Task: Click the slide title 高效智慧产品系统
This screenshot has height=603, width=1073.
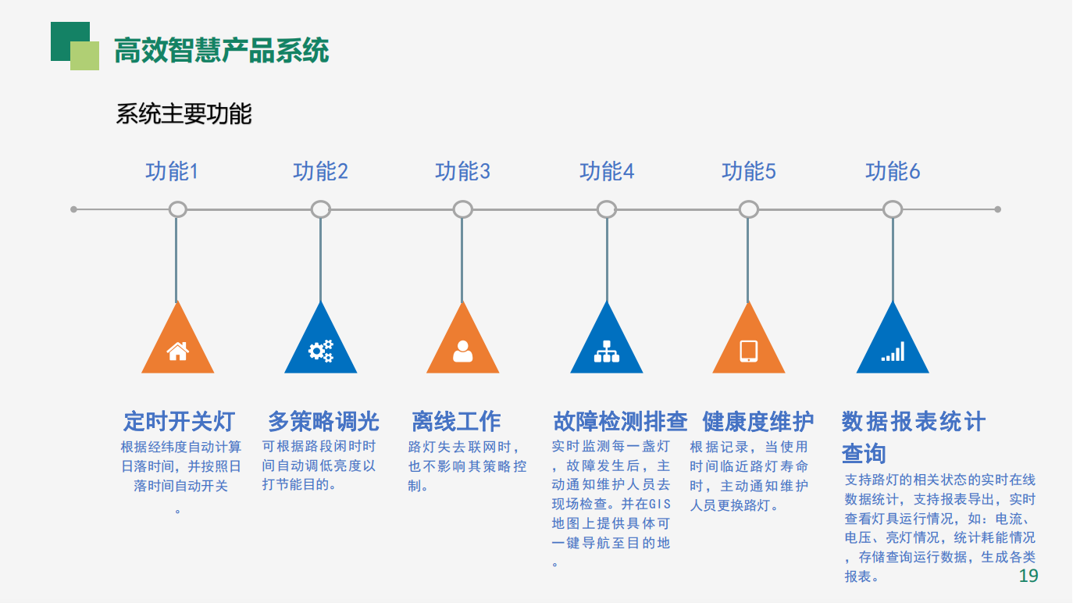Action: coord(221,51)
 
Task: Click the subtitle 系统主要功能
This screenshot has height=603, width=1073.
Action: coord(184,114)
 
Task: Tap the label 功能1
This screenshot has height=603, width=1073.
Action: coord(172,171)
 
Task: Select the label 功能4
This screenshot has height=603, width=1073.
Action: coord(607,171)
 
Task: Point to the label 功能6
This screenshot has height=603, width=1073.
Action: coord(893,171)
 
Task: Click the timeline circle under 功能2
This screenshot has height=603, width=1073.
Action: coord(320,209)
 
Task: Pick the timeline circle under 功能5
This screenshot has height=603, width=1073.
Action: coord(748,209)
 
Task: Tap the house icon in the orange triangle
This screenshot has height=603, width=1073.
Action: coord(178,351)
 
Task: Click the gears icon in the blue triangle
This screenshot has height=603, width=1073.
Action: coord(320,351)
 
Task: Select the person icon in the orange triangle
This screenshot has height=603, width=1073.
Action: coord(463,351)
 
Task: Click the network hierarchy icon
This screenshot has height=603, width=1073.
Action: coord(607,352)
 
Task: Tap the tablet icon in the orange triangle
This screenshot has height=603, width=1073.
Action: coord(748,351)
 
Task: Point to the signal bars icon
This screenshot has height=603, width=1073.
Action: coord(893,352)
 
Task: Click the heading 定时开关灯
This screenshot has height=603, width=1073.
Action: coord(179,421)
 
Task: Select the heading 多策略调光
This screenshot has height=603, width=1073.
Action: coord(323,421)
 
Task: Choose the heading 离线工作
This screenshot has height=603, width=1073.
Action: coord(456,421)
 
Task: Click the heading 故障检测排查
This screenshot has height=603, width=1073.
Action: coord(620,421)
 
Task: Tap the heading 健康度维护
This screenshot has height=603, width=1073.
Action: coord(758,421)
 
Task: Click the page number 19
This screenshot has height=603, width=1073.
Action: coord(1028,576)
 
